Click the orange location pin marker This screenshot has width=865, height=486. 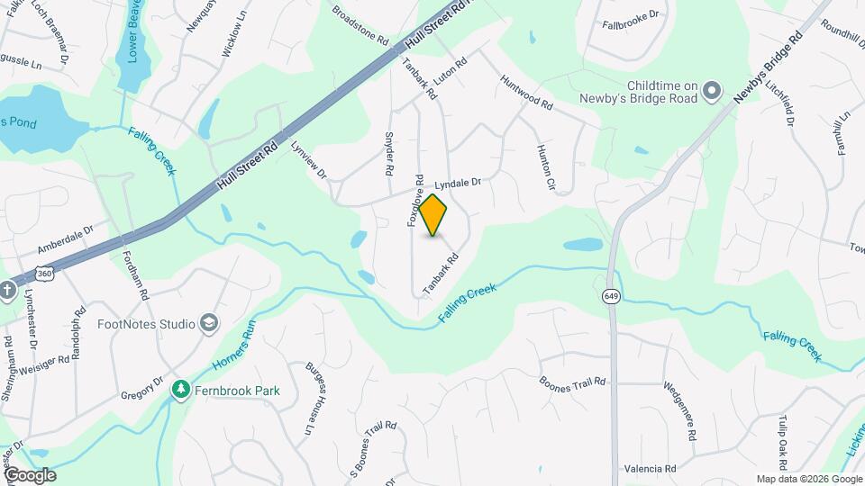click(x=433, y=215)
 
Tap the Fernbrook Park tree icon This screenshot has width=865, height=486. click(x=181, y=391)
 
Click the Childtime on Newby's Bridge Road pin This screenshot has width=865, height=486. click(x=712, y=90)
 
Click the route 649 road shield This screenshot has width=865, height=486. click(x=612, y=298)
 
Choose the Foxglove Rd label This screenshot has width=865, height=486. click(x=416, y=201)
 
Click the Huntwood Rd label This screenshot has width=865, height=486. click(x=525, y=91)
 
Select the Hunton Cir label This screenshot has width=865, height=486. click(x=544, y=167)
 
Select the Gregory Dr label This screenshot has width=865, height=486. click(x=142, y=389)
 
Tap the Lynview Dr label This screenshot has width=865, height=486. click(x=306, y=161)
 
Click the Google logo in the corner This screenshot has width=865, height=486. click(x=30, y=475)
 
